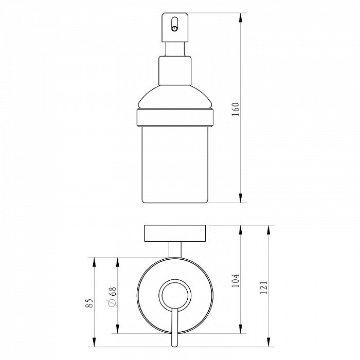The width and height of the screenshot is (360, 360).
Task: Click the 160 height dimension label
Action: [x=236, y=109]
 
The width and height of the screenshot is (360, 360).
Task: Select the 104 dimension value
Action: [x=236, y=280]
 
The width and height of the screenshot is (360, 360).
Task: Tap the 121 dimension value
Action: [x=263, y=287]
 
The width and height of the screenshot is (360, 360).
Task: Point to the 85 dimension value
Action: [x=89, y=303]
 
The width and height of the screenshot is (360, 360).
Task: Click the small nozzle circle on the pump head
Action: [x=174, y=29]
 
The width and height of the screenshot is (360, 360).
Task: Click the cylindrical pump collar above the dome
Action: [x=175, y=70]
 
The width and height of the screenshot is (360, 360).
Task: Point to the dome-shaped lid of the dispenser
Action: [x=175, y=97]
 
